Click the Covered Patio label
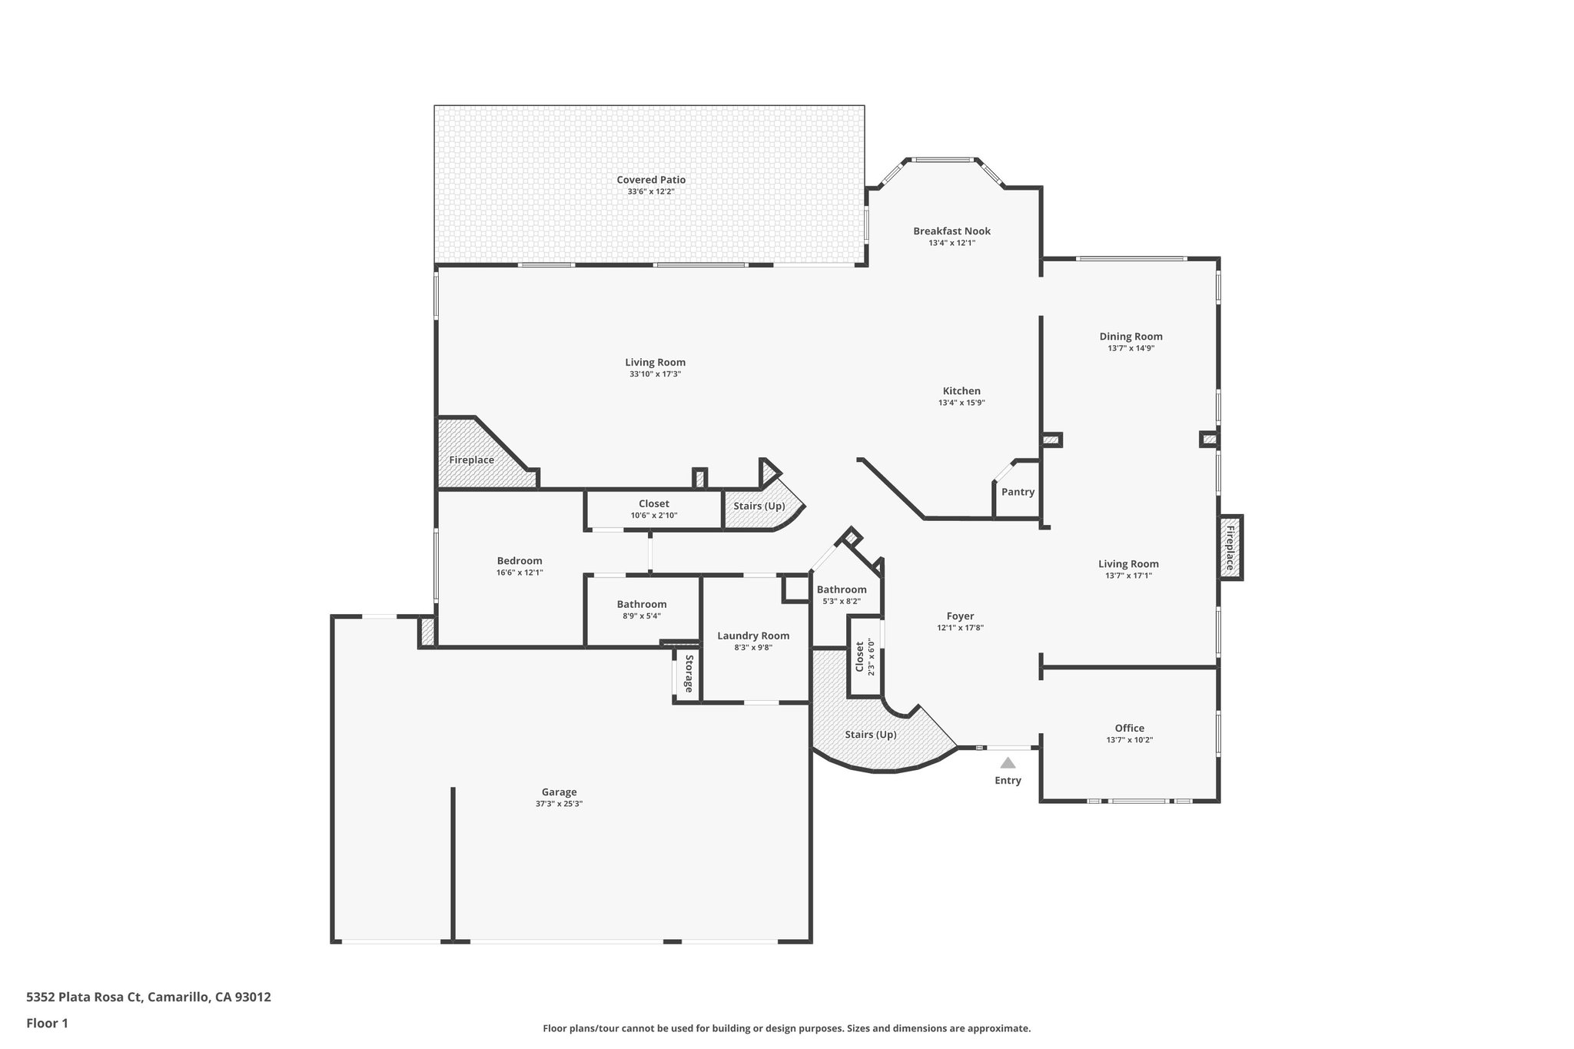coord(650,180)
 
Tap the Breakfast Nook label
coord(951,231)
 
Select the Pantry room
coord(1018,492)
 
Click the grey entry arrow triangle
coord(1008,763)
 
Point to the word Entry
coord(1008,781)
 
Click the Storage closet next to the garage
coord(688,674)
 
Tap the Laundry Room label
coord(753,636)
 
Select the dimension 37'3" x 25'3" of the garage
coord(559,804)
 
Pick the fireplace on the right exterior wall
coord(1229,547)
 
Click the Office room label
coord(1129,729)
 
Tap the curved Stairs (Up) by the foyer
coord(870,735)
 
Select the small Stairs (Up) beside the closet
coord(759,506)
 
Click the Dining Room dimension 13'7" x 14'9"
coord(1131,348)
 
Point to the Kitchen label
coord(961,391)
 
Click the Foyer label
coord(960,616)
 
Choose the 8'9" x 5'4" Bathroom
coord(641,605)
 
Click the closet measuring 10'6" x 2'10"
coord(653,504)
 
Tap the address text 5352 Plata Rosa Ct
coord(85,998)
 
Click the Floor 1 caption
coord(47,1023)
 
